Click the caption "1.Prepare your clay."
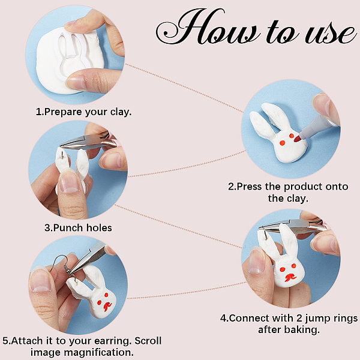[84, 112]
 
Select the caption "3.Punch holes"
[78, 228]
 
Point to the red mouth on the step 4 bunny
[290, 277]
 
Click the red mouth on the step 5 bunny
[107, 307]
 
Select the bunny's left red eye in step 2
[282, 143]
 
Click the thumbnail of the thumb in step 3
[70, 181]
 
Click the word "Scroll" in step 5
[148, 340]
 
